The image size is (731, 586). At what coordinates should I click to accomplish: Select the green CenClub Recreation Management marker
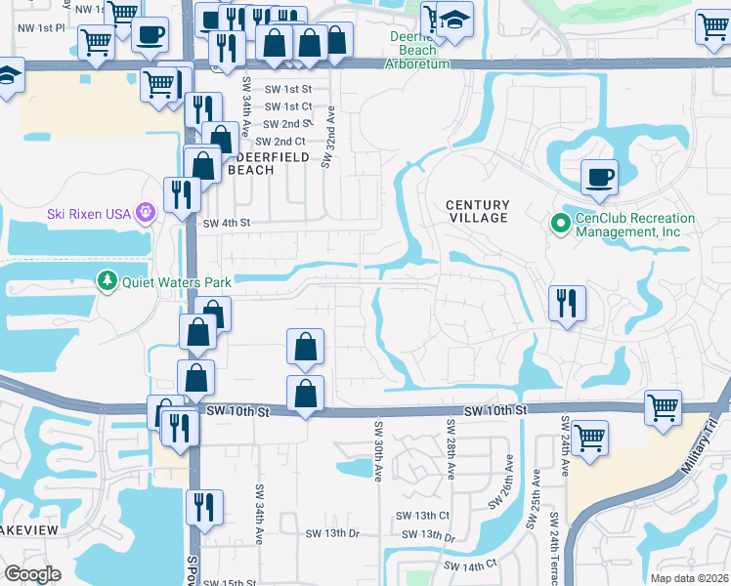560,225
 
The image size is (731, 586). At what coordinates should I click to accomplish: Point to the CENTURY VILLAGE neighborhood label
478,211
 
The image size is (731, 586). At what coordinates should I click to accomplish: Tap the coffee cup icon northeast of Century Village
599,178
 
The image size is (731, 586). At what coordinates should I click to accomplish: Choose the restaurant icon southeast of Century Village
567,304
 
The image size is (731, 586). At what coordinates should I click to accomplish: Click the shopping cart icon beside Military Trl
664,406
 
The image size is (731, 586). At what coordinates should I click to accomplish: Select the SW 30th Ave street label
376,450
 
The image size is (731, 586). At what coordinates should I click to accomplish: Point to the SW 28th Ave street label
451,450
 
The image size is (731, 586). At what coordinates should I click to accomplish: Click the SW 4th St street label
227,223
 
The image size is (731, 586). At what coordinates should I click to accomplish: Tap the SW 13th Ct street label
422,515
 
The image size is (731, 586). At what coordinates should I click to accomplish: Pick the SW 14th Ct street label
471,565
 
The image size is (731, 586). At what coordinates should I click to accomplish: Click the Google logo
33,574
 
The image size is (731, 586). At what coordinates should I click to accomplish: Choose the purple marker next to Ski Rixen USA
146,212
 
